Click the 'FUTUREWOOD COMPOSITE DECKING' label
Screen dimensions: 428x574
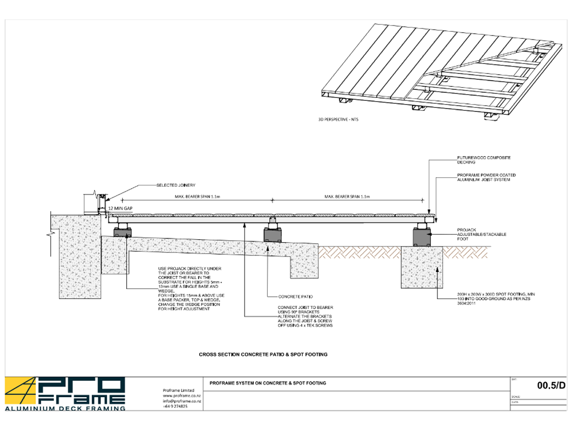477,160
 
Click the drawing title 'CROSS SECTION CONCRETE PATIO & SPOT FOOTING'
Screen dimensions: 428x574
263,355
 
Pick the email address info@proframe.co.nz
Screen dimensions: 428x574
182,401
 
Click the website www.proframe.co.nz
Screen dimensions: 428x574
182,396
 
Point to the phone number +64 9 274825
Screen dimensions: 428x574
176,406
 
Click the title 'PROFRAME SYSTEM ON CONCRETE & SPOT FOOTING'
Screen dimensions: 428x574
268,383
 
